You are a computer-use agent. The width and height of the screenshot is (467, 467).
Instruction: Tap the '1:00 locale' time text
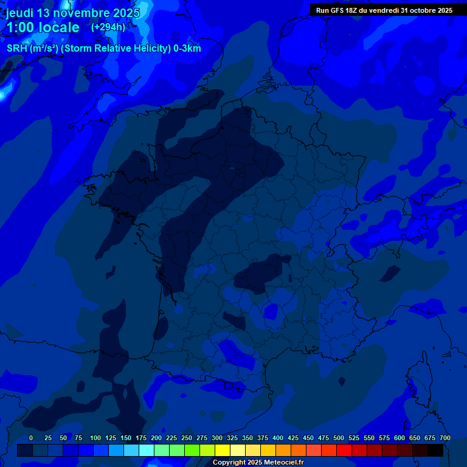tap(43, 27)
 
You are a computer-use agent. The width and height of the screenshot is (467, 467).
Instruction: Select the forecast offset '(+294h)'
tap(108, 27)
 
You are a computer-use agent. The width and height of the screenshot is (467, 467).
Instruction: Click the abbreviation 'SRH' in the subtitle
tap(17, 49)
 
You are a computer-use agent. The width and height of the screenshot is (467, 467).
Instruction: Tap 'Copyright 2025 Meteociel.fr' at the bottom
tap(258, 462)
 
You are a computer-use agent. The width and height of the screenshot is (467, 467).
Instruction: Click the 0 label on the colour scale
tap(31, 438)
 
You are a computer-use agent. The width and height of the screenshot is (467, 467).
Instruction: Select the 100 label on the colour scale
tap(95, 438)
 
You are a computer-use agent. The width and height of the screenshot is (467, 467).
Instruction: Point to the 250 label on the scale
tap(187, 438)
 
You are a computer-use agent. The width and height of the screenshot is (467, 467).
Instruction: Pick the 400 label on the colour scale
tap(278, 438)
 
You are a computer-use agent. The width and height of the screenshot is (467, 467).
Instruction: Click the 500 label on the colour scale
tap(339, 438)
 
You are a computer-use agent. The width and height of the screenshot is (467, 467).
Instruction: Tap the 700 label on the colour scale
tap(445, 438)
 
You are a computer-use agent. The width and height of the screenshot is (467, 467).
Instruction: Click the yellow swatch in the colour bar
tap(223, 450)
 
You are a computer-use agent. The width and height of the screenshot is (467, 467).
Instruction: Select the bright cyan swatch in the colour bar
tap(147, 450)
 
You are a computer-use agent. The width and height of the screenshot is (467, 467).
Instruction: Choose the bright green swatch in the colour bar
tap(192, 450)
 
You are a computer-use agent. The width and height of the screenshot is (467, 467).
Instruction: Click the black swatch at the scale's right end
tap(435, 450)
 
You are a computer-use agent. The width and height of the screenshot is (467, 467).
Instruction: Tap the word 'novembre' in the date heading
tap(80, 13)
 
